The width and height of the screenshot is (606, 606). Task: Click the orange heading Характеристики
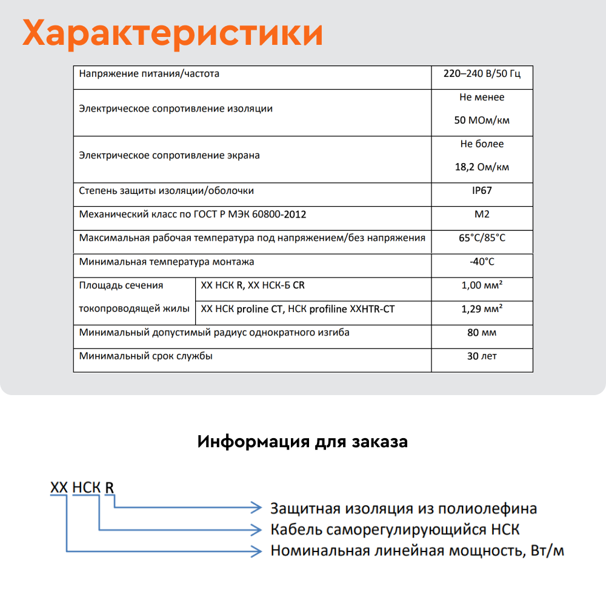(x=173, y=34)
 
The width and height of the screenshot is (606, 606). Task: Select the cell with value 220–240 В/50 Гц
(x=482, y=74)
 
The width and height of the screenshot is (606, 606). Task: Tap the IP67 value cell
(x=482, y=191)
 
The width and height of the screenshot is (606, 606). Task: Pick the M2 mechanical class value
(x=482, y=215)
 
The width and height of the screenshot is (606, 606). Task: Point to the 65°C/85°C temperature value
(x=482, y=238)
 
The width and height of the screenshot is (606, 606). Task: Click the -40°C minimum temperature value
(x=482, y=262)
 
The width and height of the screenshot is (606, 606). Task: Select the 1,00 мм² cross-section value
(x=482, y=285)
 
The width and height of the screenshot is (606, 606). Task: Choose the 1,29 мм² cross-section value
(x=482, y=309)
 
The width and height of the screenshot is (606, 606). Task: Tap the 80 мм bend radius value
(x=482, y=333)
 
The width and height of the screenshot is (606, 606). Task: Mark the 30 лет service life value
(x=482, y=356)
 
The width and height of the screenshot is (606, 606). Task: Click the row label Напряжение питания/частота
(x=149, y=74)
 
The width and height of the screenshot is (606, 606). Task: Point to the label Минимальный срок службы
(x=146, y=356)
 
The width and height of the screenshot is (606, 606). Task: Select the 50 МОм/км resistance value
(x=482, y=120)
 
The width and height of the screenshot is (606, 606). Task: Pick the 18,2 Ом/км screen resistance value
(x=482, y=167)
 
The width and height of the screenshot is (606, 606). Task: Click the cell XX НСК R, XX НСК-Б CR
(x=257, y=285)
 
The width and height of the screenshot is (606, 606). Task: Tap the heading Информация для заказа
(x=302, y=442)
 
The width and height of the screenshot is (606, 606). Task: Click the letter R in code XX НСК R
(x=110, y=487)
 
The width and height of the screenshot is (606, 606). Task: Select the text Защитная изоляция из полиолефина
(x=404, y=508)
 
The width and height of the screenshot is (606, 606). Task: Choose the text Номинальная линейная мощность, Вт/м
(x=417, y=551)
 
